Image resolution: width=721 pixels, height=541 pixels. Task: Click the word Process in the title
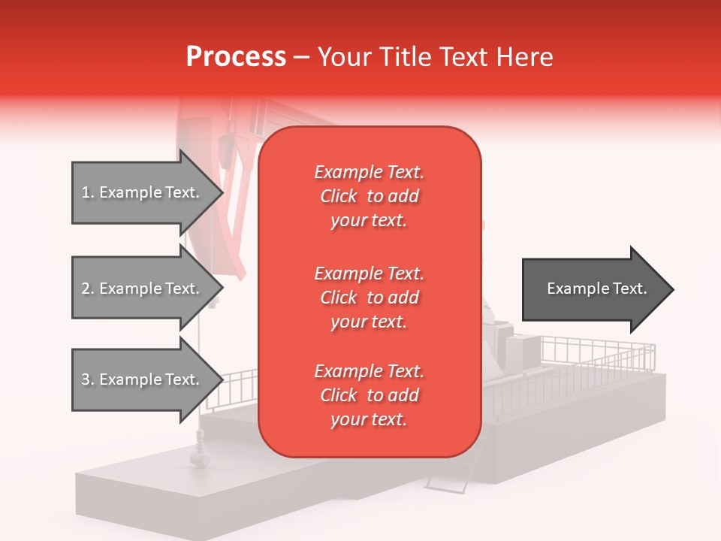click(236, 57)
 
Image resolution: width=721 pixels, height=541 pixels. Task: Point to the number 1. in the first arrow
click(88, 192)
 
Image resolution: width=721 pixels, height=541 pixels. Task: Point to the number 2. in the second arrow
click(88, 289)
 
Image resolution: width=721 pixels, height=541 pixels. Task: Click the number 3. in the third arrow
click(88, 379)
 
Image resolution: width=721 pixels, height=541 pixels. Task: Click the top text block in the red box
click(369, 196)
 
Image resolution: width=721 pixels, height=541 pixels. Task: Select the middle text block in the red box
click(369, 298)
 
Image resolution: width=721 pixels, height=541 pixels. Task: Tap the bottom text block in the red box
click(369, 395)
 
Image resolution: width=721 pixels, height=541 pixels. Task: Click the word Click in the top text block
click(339, 196)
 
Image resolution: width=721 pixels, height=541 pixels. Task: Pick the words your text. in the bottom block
click(369, 419)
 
